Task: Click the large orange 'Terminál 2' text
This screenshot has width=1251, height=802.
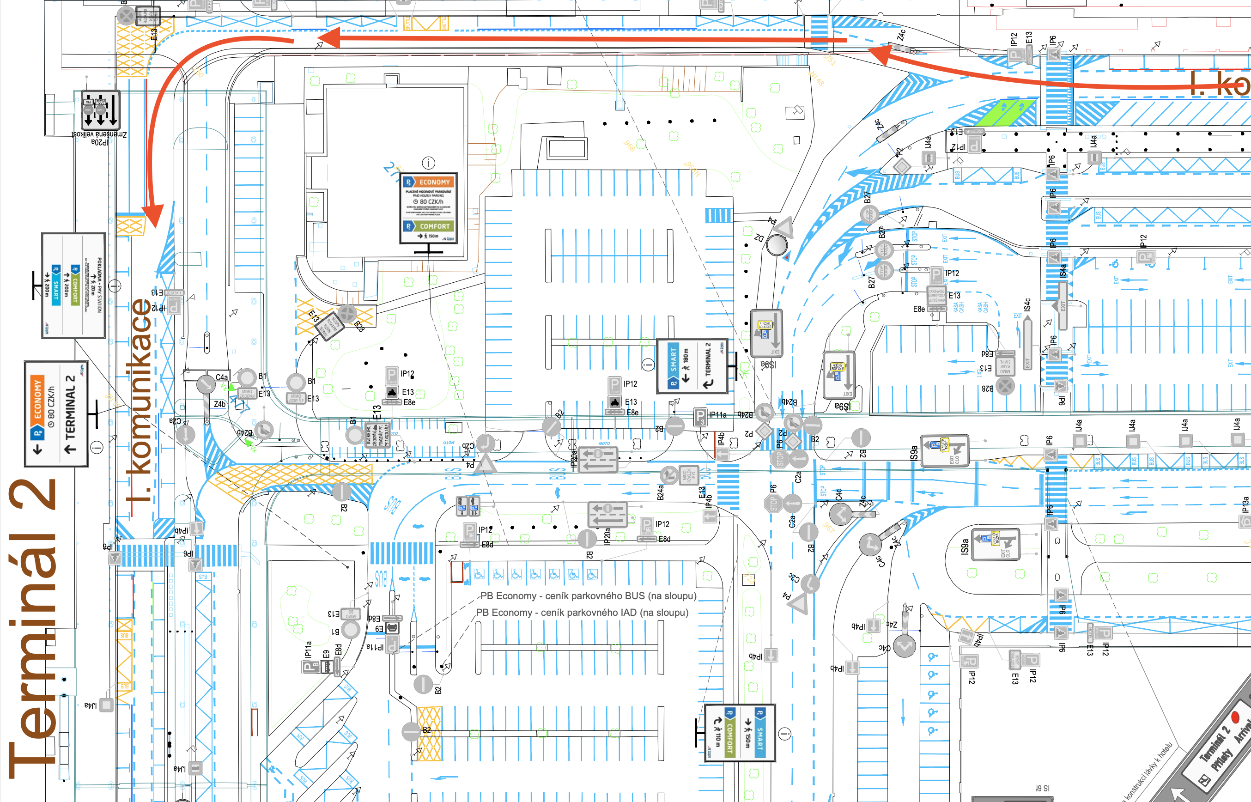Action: [x=32, y=625]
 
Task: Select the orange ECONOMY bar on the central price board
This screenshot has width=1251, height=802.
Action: [x=428, y=182]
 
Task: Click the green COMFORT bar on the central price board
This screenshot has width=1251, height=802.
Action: [x=428, y=226]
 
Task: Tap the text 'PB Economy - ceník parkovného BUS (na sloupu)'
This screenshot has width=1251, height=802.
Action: [x=588, y=596]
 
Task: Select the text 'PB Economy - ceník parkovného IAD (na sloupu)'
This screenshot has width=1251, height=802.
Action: [x=582, y=613]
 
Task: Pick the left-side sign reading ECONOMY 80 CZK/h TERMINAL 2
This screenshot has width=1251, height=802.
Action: [x=56, y=413]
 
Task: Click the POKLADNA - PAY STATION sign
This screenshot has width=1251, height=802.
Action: [x=73, y=286]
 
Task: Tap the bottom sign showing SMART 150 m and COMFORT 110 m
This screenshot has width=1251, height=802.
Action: [x=740, y=733]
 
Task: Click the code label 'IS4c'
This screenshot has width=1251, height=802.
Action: [x=1027, y=304]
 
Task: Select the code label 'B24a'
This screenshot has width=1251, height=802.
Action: [x=660, y=492]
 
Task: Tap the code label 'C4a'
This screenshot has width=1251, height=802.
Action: [x=221, y=377]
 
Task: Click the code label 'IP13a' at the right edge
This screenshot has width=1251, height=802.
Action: [x=1245, y=504]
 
